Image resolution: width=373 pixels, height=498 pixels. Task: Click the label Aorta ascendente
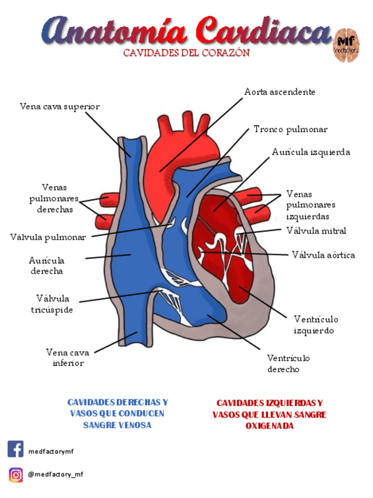click(x=280, y=92)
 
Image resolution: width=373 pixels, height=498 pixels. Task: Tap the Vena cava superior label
click(x=59, y=106)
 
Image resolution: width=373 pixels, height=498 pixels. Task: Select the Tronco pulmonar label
click(x=290, y=129)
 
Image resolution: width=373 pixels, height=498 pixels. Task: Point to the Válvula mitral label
click(x=316, y=231)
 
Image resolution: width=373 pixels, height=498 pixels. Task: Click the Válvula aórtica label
click(x=323, y=255)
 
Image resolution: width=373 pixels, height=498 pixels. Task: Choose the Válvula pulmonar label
click(x=48, y=237)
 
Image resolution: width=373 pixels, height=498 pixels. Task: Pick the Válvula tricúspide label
click(x=52, y=304)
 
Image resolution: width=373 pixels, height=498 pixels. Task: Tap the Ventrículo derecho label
click(x=289, y=364)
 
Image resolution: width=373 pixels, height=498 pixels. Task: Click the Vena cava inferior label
click(x=67, y=358)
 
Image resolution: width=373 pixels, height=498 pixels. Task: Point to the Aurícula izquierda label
click(x=311, y=152)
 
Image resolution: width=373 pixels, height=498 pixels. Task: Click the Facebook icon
click(x=16, y=449)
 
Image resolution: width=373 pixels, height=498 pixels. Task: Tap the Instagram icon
click(x=16, y=475)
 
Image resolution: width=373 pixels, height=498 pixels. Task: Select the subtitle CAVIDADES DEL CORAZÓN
click(x=186, y=53)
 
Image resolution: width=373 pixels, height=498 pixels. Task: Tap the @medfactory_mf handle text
click(x=56, y=475)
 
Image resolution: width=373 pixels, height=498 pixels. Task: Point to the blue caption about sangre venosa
click(x=117, y=413)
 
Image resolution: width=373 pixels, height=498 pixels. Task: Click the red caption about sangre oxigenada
click(x=269, y=414)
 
